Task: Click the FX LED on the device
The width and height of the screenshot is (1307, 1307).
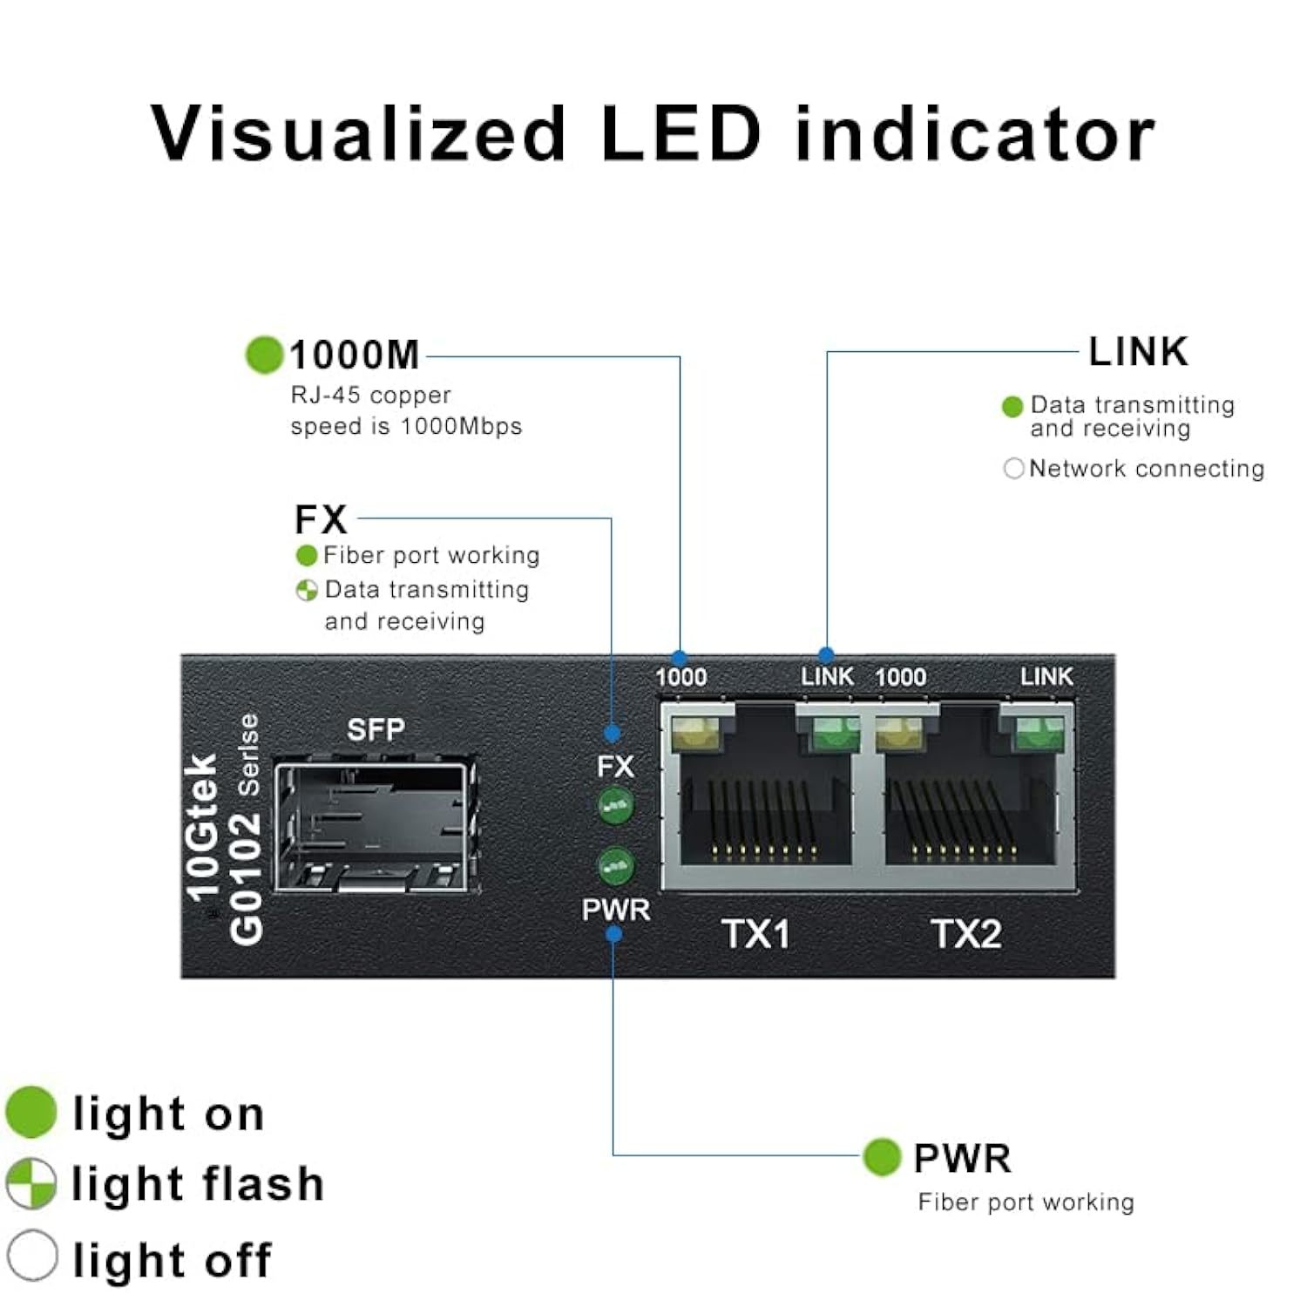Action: pyautogui.click(x=616, y=805)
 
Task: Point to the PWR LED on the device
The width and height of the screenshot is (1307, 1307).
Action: pyautogui.click(x=616, y=865)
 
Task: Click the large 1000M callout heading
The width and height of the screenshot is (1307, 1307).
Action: pyautogui.click(x=354, y=356)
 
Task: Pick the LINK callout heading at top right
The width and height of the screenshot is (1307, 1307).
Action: pyautogui.click(x=1138, y=352)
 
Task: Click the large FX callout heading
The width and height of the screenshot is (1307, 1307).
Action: pyautogui.click(x=321, y=519)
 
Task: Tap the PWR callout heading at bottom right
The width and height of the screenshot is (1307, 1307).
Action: pyautogui.click(x=962, y=1159)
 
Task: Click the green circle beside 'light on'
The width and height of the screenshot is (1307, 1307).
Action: pyautogui.click(x=31, y=1113)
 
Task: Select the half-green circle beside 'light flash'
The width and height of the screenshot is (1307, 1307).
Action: pyautogui.click(x=31, y=1183)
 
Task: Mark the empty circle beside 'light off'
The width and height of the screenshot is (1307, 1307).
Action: pyautogui.click(x=32, y=1256)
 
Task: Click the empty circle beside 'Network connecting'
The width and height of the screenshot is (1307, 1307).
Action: pyautogui.click(x=1013, y=469)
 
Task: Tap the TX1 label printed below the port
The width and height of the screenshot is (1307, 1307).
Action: pyautogui.click(x=755, y=934)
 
